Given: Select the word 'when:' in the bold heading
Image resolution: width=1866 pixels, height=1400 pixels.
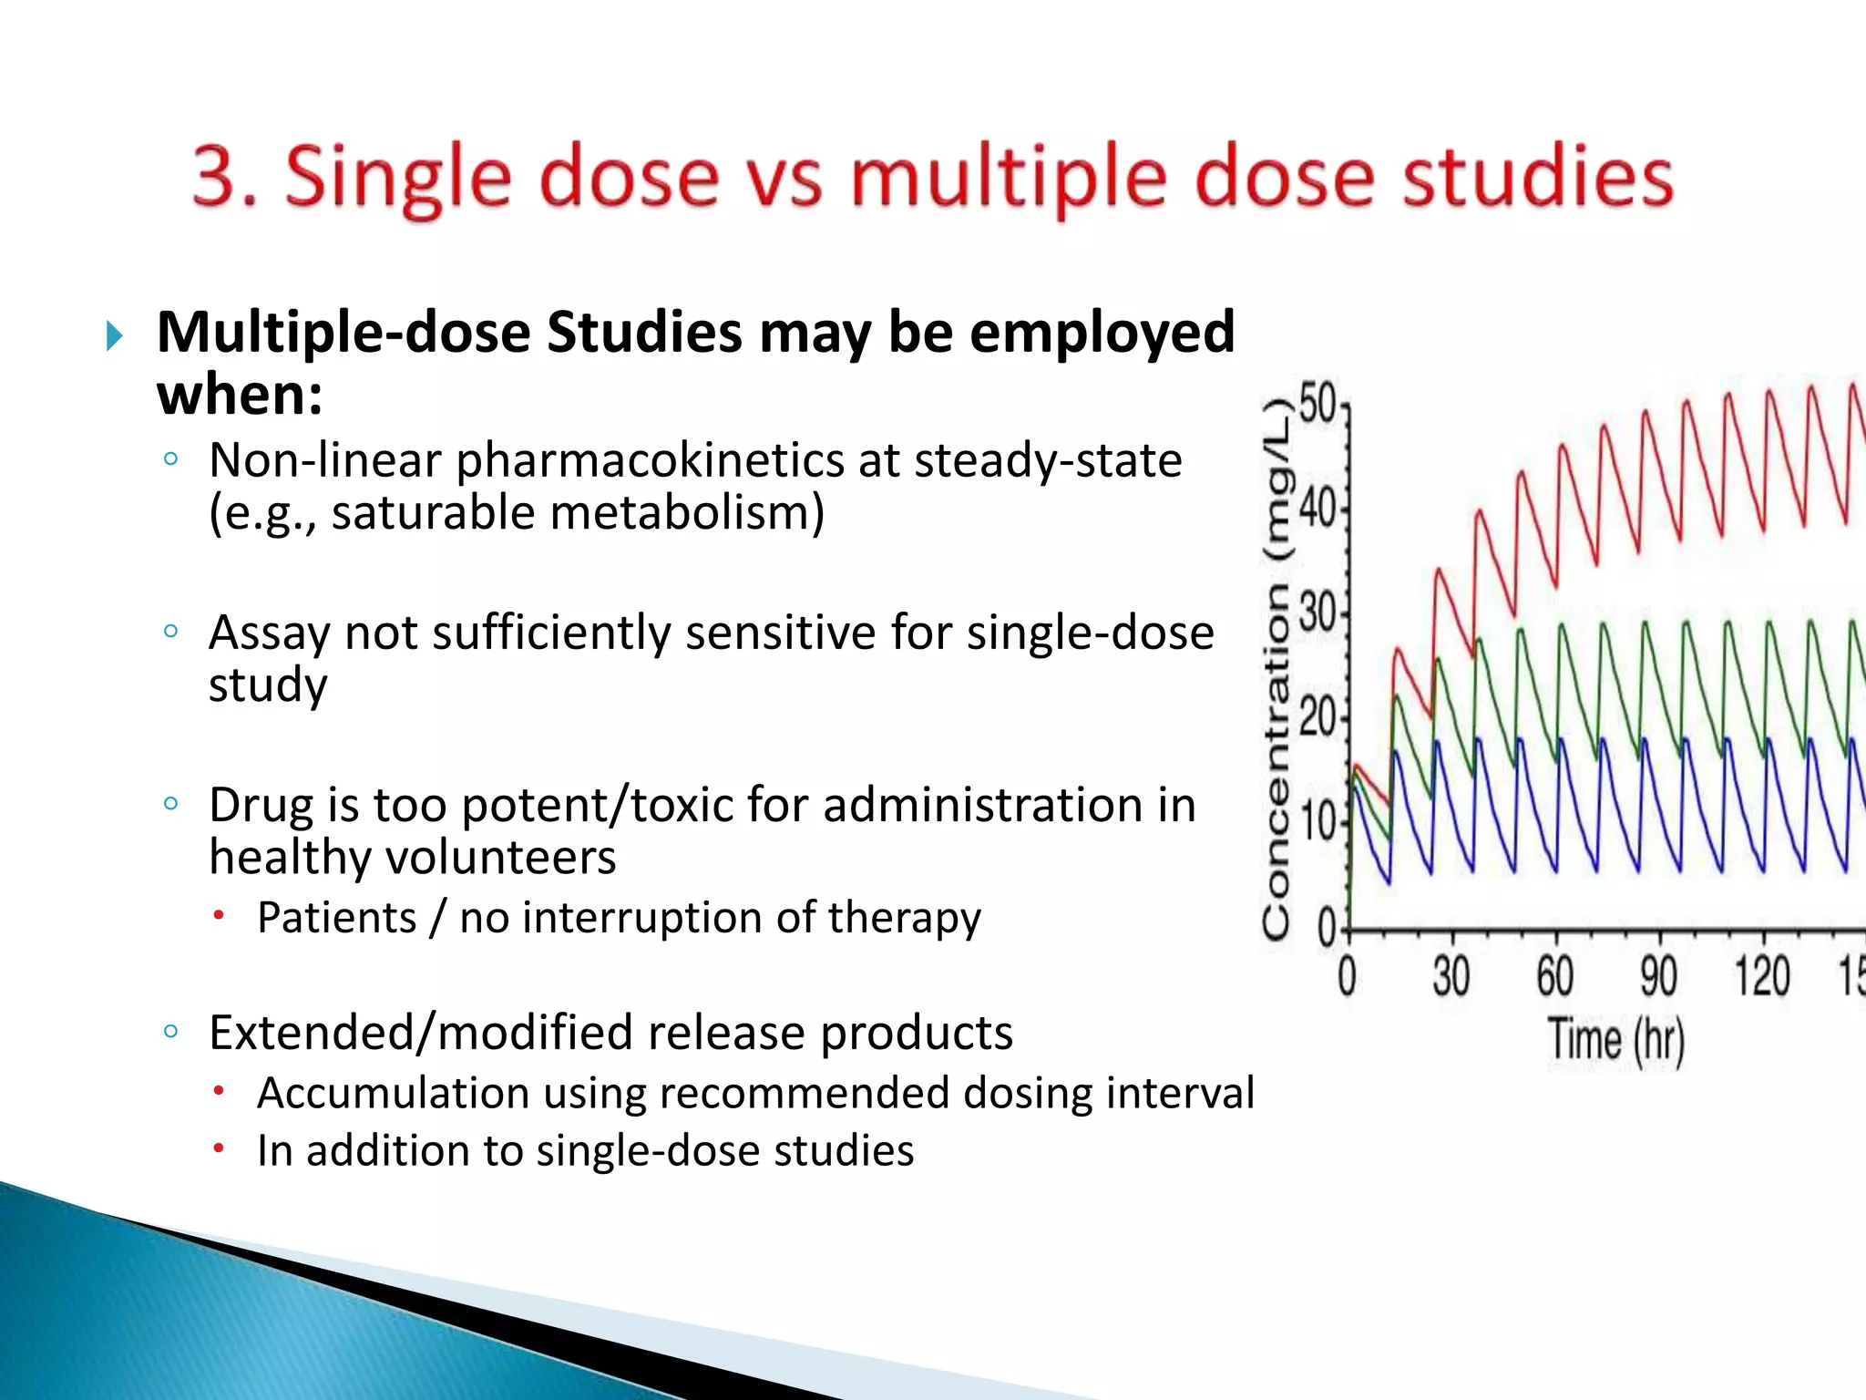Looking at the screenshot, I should click(240, 395).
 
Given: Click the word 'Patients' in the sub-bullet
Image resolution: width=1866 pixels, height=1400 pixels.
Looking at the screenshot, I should click(336, 917).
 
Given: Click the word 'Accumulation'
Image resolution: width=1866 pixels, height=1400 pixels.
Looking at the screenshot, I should click(393, 1093).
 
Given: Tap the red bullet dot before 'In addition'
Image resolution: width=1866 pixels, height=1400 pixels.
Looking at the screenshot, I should click(219, 1148).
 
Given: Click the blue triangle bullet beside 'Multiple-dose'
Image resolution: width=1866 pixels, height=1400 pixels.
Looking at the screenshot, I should click(114, 336).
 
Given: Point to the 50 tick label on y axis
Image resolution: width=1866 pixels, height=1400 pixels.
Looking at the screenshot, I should click(1317, 404).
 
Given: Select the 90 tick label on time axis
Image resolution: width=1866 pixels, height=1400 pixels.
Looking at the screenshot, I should click(1658, 976).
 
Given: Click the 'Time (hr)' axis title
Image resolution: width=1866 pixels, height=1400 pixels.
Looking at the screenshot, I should click(1616, 1040).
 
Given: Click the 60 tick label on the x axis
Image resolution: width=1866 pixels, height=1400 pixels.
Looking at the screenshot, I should click(1554, 976).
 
